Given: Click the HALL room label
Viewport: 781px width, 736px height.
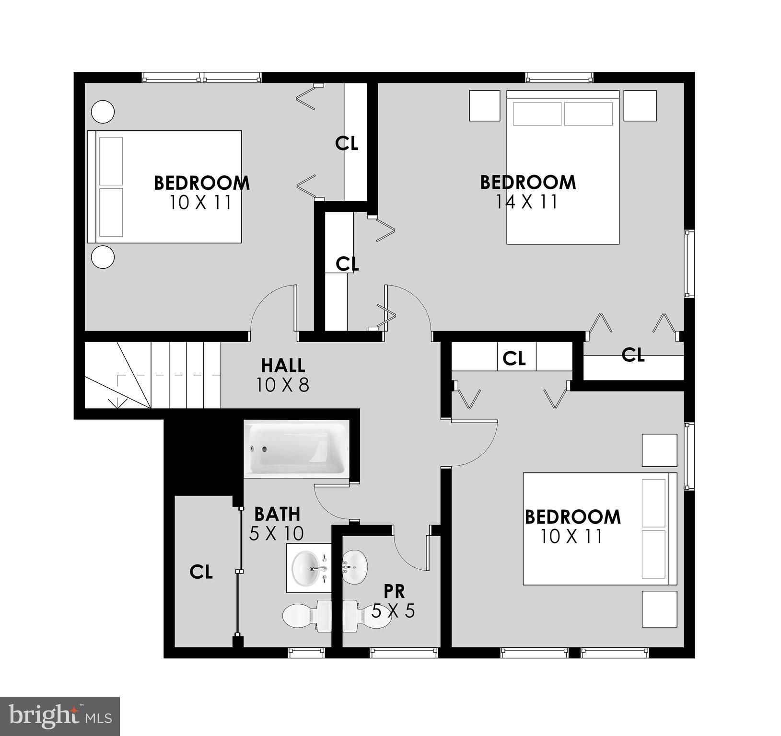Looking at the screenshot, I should (283, 366).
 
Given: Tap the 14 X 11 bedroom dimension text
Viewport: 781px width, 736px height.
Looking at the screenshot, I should (527, 202).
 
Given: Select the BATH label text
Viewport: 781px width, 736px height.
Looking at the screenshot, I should (277, 514).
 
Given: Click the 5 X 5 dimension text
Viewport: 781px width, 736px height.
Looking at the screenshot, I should (393, 611).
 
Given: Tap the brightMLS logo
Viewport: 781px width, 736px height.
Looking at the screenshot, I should (60, 716).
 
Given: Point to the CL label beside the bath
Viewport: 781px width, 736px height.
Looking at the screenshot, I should (201, 572).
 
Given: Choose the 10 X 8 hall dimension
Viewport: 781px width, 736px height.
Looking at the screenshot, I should (283, 385).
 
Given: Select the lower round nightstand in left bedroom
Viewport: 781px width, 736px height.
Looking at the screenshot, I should (103, 257).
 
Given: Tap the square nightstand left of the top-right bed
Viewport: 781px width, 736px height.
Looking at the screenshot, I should (484, 105).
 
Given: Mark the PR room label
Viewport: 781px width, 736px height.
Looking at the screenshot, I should (394, 591).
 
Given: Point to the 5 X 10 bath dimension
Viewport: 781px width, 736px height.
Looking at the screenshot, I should (277, 533).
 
